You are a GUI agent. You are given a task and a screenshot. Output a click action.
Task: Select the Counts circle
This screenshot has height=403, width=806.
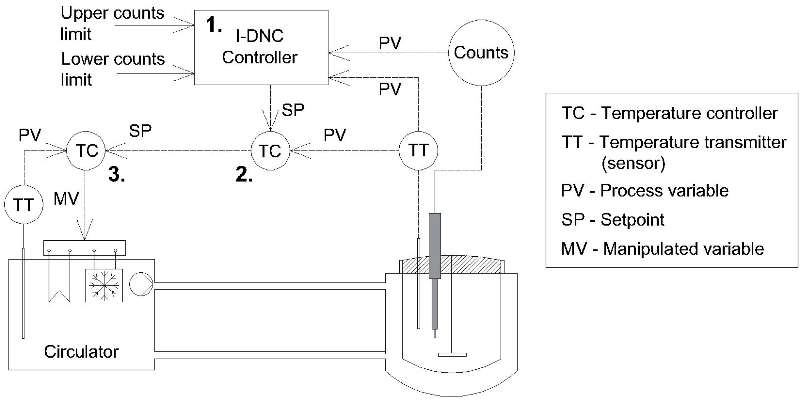[x=481, y=53]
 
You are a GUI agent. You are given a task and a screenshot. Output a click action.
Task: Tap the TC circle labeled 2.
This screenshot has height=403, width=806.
[x=270, y=151]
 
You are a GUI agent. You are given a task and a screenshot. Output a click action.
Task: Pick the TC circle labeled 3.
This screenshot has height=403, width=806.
[x=86, y=151]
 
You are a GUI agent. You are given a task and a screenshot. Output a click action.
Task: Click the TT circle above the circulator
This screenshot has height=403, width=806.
[x=24, y=205]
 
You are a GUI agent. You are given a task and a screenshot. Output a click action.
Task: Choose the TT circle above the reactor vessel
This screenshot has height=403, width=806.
[x=418, y=151]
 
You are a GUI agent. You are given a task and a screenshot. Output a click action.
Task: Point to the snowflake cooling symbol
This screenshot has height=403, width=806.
[x=104, y=285]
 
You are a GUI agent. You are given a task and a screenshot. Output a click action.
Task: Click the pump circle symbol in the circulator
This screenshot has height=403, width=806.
[x=141, y=284]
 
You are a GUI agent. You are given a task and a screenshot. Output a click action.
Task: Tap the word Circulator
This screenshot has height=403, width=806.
[x=81, y=352]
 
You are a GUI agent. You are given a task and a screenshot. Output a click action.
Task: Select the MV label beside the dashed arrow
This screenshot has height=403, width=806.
[x=66, y=199]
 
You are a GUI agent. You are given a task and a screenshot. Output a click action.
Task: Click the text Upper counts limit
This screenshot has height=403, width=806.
[x=112, y=24]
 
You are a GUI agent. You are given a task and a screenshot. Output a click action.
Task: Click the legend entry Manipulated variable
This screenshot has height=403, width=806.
[x=662, y=249]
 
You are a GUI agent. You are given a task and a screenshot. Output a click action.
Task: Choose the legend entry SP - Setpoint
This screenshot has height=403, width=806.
[x=613, y=220]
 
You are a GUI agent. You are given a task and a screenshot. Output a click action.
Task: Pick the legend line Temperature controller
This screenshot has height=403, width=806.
[x=670, y=113]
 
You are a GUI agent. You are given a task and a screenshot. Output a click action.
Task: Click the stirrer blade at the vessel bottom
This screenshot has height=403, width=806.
[x=452, y=354]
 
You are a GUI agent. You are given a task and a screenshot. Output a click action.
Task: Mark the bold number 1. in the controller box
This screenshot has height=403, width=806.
[x=214, y=24]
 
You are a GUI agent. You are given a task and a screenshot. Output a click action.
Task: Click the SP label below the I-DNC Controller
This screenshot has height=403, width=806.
[x=293, y=110]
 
